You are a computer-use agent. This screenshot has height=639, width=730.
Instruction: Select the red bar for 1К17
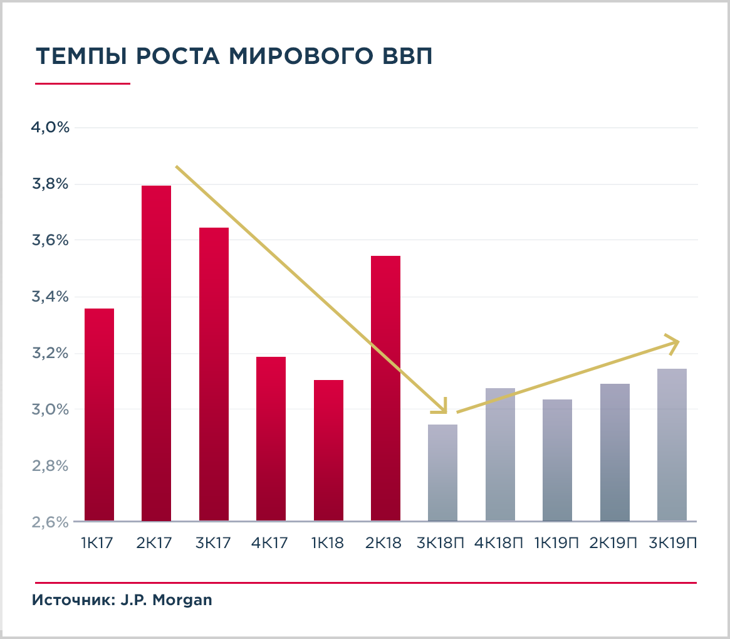pos(99,415)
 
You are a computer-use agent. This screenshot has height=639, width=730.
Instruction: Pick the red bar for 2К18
pos(385,388)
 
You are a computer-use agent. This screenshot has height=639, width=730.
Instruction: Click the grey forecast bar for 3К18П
pos(442,473)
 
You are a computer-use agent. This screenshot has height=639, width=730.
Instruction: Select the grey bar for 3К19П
pos(672,445)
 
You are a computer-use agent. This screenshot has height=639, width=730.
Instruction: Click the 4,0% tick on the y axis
pos(50,128)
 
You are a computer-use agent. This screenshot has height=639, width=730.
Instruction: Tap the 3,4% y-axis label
pos(50,297)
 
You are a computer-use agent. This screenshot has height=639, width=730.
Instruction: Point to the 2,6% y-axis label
pos(50,522)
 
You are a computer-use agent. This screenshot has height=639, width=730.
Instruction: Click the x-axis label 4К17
pos(271,543)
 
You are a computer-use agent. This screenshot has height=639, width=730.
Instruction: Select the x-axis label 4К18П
pos(499,543)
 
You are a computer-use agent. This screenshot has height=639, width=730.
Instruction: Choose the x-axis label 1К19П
pos(557,543)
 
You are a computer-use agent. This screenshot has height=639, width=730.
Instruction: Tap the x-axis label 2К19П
pos(614,543)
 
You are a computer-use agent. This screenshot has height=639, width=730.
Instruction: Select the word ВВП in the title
pos(408,56)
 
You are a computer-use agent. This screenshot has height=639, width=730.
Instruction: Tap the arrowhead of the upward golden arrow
pos(675,342)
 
